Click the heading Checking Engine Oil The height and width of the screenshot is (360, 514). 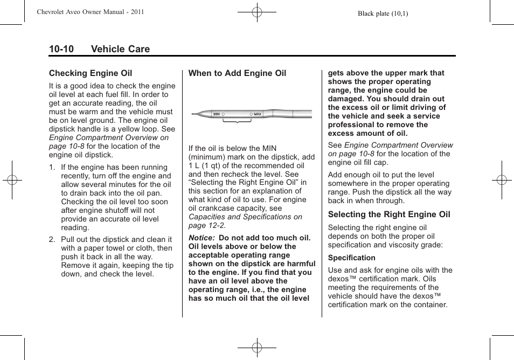(91, 73)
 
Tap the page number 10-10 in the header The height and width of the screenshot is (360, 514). (61, 49)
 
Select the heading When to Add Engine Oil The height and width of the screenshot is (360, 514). (237, 73)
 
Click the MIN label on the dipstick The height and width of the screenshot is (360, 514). (217, 114)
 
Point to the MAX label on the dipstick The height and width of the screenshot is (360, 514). (258, 114)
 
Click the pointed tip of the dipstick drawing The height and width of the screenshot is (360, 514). (193, 114)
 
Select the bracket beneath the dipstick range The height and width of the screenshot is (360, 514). (237, 124)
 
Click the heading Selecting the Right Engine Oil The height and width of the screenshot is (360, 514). (389, 214)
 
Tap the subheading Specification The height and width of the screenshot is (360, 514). (351, 258)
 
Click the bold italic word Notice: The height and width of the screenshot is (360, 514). (202, 238)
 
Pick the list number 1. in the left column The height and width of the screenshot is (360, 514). (52, 168)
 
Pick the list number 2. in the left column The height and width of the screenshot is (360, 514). (52, 240)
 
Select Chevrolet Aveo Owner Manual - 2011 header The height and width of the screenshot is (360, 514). (91, 12)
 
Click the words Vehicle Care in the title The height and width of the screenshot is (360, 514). (120, 49)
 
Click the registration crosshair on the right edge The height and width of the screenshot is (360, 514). (502, 180)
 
